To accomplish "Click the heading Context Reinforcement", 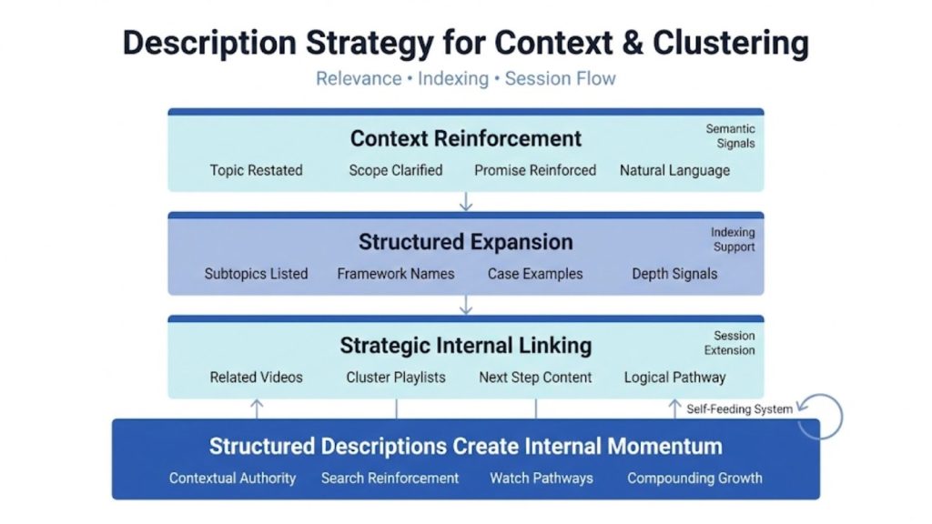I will pyautogui.click(x=465, y=138).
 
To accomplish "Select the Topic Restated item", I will pyautogui.click(x=256, y=170).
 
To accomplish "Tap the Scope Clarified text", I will pyautogui.click(x=395, y=170).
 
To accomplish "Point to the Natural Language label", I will pyautogui.click(x=674, y=170).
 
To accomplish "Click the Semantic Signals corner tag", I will pyautogui.click(x=730, y=136).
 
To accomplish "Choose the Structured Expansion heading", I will pyautogui.click(x=465, y=242).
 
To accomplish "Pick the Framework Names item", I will pyautogui.click(x=395, y=274).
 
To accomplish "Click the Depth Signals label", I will pyautogui.click(x=674, y=274).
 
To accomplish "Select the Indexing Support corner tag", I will pyautogui.click(x=733, y=240).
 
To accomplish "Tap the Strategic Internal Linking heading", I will pyautogui.click(x=465, y=346).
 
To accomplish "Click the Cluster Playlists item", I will pyautogui.click(x=395, y=378).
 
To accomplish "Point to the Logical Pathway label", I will pyautogui.click(x=674, y=378).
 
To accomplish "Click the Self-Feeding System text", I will pyautogui.click(x=739, y=409).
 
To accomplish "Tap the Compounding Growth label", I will pyautogui.click(x=694, y=478).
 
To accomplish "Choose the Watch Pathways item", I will pyautogui.click(x=541, y=478).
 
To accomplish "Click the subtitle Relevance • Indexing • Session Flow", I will pyautogui.click(x=465, y=78).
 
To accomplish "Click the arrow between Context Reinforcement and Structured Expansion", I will pyautogui.click(x=465, y=201).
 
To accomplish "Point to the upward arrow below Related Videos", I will pyautogui.click(x=257, y=408).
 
